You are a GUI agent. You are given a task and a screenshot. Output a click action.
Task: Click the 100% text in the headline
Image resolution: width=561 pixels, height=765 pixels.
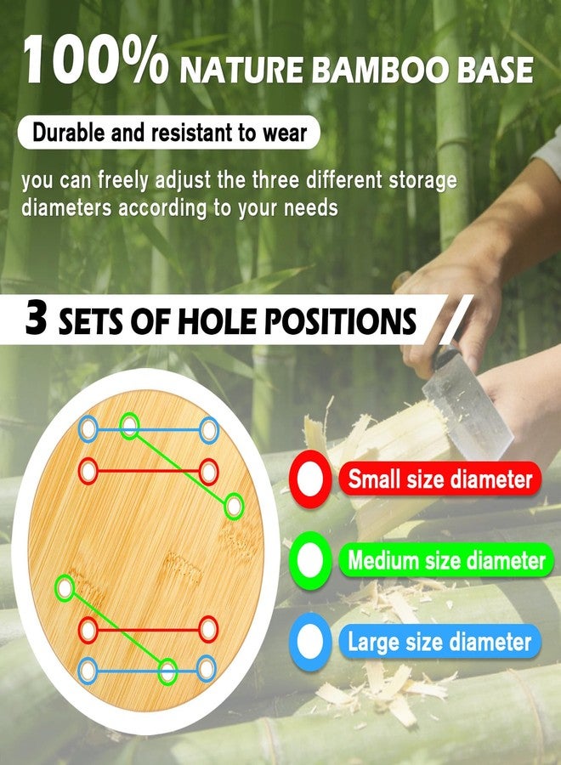point(96,61)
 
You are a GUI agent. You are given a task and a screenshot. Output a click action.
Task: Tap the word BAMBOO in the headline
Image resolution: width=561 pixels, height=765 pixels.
point(380,70)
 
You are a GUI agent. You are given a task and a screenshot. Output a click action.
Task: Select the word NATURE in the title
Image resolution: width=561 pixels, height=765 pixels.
point(241,71)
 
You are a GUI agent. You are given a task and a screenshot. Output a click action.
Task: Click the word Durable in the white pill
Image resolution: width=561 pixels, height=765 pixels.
point(68,133)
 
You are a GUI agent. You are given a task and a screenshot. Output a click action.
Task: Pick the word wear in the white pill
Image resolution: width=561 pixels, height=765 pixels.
point(286,133)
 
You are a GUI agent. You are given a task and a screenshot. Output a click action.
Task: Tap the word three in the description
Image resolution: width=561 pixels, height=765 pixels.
point(275,179)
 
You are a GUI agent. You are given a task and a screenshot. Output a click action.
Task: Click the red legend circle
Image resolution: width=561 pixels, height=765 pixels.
point(311,462)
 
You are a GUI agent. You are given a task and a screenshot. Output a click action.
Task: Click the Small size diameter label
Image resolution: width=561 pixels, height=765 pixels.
point(439,479)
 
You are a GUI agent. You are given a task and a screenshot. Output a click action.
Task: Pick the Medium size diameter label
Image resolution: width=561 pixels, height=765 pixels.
point(446,560)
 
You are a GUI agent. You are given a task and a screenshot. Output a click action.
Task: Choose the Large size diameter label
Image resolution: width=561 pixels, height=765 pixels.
point(439,642)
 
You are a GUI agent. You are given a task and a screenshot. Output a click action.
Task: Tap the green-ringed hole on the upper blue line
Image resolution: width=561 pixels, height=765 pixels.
point(130,426)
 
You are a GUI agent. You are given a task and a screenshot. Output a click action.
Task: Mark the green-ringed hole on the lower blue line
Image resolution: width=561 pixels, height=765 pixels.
point(167,671)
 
